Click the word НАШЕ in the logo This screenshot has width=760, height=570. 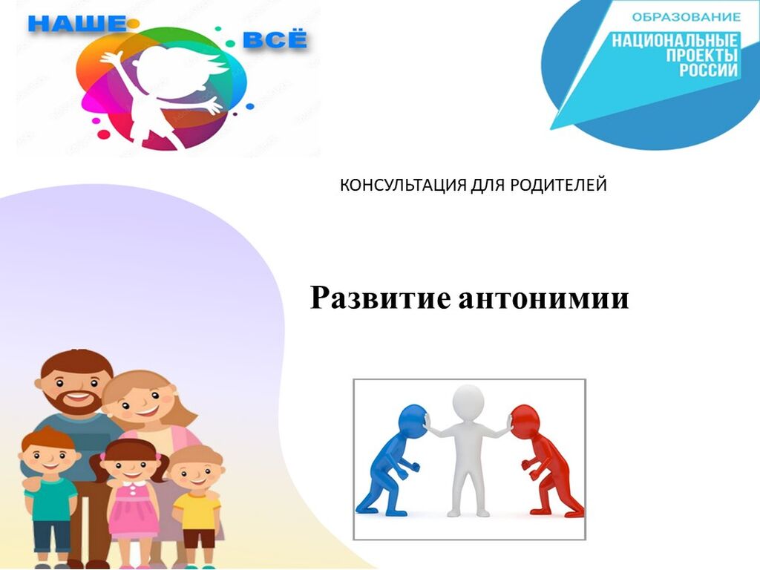(x=78, y=23)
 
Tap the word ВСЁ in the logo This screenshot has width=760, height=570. (x=275, y=39)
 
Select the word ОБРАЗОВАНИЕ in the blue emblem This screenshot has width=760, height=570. (x=687, y=18)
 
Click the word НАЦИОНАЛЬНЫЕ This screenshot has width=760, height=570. (x=675, y=41)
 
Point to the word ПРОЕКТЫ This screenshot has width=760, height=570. (x=702, y=55)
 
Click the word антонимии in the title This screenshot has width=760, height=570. (x=543, y=298)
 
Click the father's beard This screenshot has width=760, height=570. (x=77, y=402)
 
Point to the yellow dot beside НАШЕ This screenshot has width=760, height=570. (x=134, y=23)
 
